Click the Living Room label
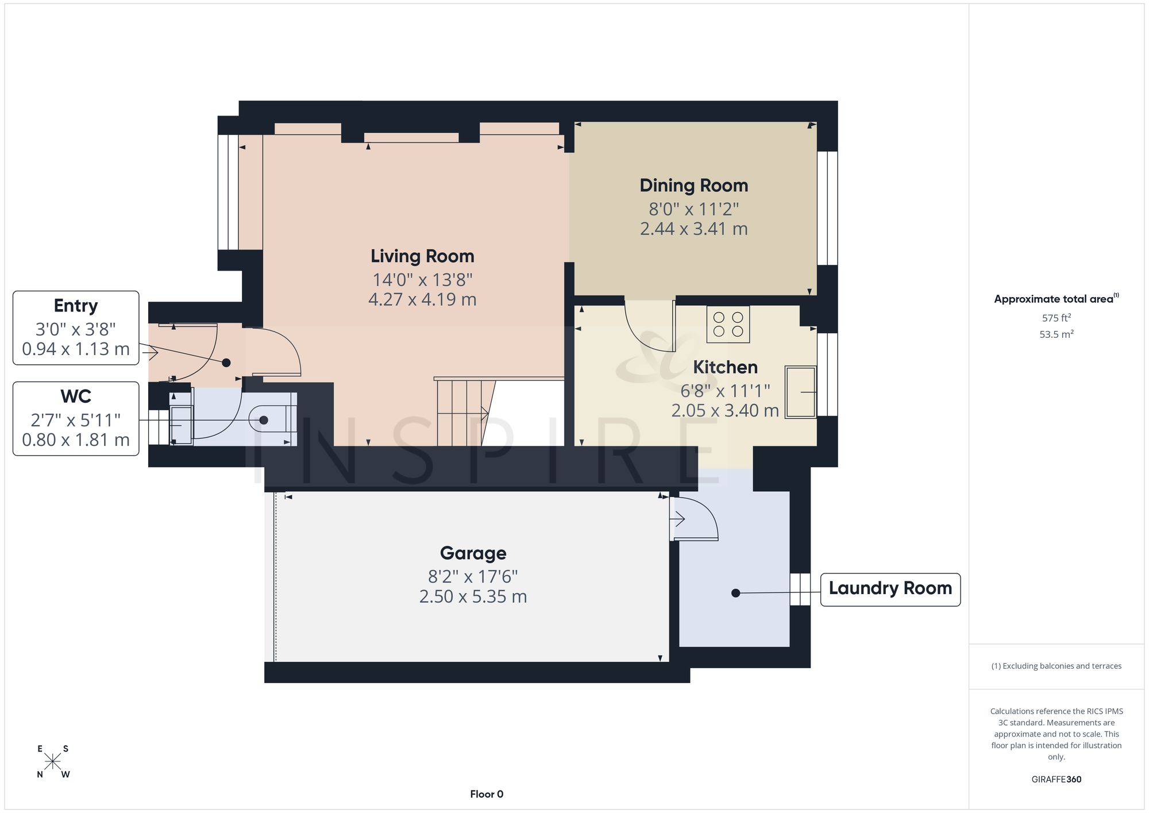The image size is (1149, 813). pos(422,256)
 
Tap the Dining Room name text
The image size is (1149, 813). pos(694,186)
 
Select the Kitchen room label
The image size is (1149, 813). pos(725,367)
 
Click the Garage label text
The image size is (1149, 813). pos(473,553)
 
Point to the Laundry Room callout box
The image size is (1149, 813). pos(890,589)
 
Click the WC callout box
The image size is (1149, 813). pos(76,419)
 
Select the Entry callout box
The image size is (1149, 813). pos(76,328)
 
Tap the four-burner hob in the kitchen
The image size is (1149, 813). pos(728,325)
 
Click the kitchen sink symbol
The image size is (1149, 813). pos(801,392)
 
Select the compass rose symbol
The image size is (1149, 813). pos(53,762)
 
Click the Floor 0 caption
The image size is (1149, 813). pos(487,795)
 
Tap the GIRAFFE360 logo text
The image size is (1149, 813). pos(1057,780)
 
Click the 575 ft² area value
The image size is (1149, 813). pos(1057,318)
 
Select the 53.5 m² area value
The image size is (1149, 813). pos(1057,334)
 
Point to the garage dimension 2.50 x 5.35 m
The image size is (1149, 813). pos(473,597)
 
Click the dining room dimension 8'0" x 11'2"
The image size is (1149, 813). pos(694,209)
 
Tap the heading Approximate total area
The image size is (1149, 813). pos(1057,298)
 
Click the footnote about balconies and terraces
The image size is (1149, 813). pos(1057,666)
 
